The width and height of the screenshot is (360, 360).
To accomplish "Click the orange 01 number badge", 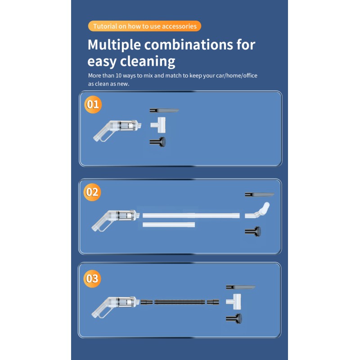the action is pyautogui.click(x=93, y=105).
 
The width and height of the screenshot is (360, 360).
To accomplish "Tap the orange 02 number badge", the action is pyautogui.click(x=92, y=192).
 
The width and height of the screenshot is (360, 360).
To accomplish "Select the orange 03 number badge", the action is pyautogui.click(x=92, y=279).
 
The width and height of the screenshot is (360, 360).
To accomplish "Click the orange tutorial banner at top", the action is pyautogui.click(x=144, y=26).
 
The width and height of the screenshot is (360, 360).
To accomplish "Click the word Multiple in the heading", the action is pyautogui.click(x=114, y=45).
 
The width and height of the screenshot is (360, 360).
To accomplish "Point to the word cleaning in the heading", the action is pyautogui.click(x=148, y=62).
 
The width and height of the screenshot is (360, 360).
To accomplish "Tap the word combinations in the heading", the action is pyautogui.click(x=189, y=45).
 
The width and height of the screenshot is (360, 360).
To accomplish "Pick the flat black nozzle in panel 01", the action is pyautogui.click(x=164, y=111).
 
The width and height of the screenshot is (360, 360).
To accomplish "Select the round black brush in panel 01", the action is pyautogui.click(x=158, y=142).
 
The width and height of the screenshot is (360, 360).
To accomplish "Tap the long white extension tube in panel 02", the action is pyautogui.click(x=191, y=216).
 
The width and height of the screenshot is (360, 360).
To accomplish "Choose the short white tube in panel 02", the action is pyautogui.click(x=169, y=225).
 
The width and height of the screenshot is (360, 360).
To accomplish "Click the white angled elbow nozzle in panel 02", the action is pyautogui.click(x=257, y=211).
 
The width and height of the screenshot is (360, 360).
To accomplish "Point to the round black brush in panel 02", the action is pyautogui.click(x=253, y=231).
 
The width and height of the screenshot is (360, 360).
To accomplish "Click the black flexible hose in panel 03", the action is pyautogui.click(x=180, y=302).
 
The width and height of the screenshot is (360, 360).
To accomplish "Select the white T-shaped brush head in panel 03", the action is pyautogui.click(x=234, y=301).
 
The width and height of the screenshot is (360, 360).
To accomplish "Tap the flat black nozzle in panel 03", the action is pyautogui.click(x=241, y=287).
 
